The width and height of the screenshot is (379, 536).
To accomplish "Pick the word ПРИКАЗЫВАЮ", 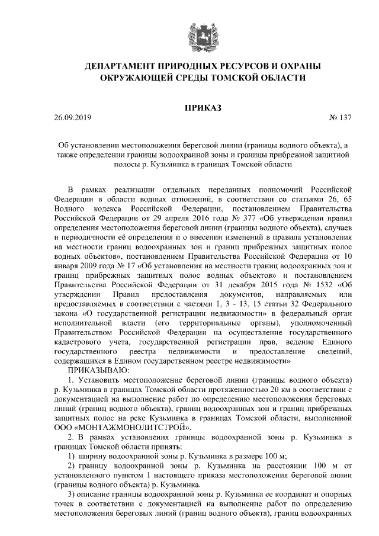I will point(94,369).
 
